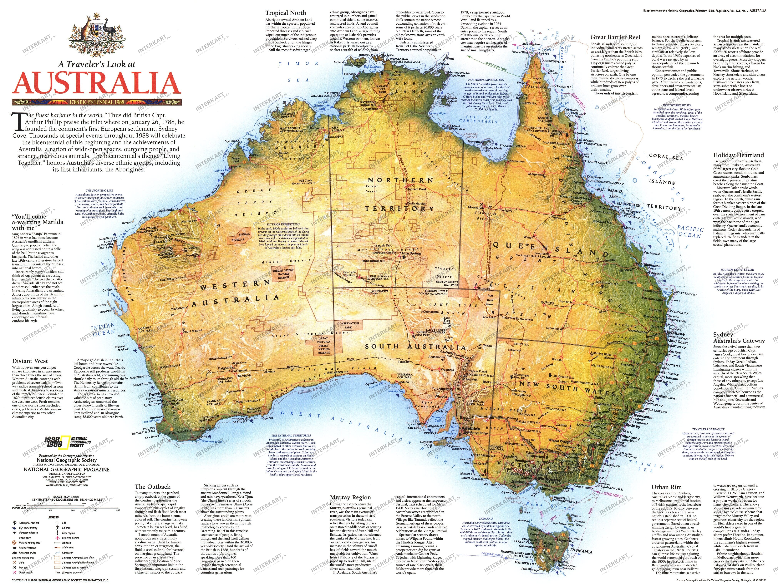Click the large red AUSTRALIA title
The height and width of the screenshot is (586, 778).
point(97,84)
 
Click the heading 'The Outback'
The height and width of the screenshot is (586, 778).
point(152,487)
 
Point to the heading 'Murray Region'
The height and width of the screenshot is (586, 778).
point(350,497)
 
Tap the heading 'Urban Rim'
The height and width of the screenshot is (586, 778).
point(667,487)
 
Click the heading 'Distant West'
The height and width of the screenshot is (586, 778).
point(30,361)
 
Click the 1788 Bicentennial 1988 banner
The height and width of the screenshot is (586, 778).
point(97,102)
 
